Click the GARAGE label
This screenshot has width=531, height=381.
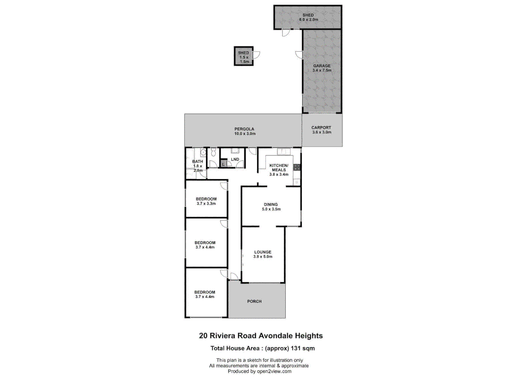pos(322,66)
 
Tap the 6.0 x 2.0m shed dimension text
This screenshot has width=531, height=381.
pos(308,20)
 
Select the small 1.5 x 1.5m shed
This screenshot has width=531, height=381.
pos(243,56)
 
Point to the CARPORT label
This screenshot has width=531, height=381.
pos(321,128)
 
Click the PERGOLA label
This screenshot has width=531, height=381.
pos(244,129)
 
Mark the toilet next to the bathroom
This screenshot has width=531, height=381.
pos(213,153)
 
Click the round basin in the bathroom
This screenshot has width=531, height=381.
pos(203,153)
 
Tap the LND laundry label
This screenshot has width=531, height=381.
pos(235,159)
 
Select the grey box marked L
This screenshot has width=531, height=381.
pos(223,164)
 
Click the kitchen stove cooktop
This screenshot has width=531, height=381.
pos(297,167)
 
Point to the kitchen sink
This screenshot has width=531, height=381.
pos(284,152)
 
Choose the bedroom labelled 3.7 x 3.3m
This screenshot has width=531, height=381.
pos(206,201)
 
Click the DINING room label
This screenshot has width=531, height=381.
pos(271,205)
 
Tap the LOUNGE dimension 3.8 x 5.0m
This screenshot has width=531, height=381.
pos(263,257)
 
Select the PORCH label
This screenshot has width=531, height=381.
pos(254,301)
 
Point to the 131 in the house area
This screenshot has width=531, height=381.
pos(295,349)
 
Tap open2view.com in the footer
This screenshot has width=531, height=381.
pos(274,371)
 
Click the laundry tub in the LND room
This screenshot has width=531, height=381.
pos(235,151)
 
